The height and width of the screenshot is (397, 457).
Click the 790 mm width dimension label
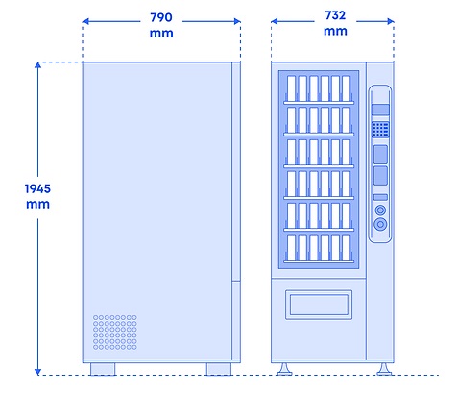161,25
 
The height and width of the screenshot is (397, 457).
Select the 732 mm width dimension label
335,23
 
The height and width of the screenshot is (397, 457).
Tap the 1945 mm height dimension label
37,196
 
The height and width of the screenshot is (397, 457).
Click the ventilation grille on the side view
115,333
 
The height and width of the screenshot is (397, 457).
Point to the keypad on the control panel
380,130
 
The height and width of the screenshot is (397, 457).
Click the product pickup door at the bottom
319,305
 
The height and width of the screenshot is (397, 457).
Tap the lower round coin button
380,224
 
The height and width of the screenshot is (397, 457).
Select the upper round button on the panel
380,211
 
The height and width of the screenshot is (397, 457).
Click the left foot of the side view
103,369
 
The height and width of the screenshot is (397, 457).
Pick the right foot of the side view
219,369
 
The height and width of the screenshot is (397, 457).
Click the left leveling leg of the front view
284,369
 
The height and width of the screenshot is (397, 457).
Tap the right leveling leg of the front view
384,369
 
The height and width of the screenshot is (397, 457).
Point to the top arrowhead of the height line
37,65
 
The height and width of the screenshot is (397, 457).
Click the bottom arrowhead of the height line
37,372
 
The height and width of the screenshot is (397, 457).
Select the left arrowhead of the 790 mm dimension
85,21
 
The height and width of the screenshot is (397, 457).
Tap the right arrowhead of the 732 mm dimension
391,21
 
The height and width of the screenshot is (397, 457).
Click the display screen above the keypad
380,110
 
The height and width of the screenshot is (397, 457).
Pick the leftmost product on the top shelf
291,88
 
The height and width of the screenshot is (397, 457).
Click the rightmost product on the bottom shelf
346,247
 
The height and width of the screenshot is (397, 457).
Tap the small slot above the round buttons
380,197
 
